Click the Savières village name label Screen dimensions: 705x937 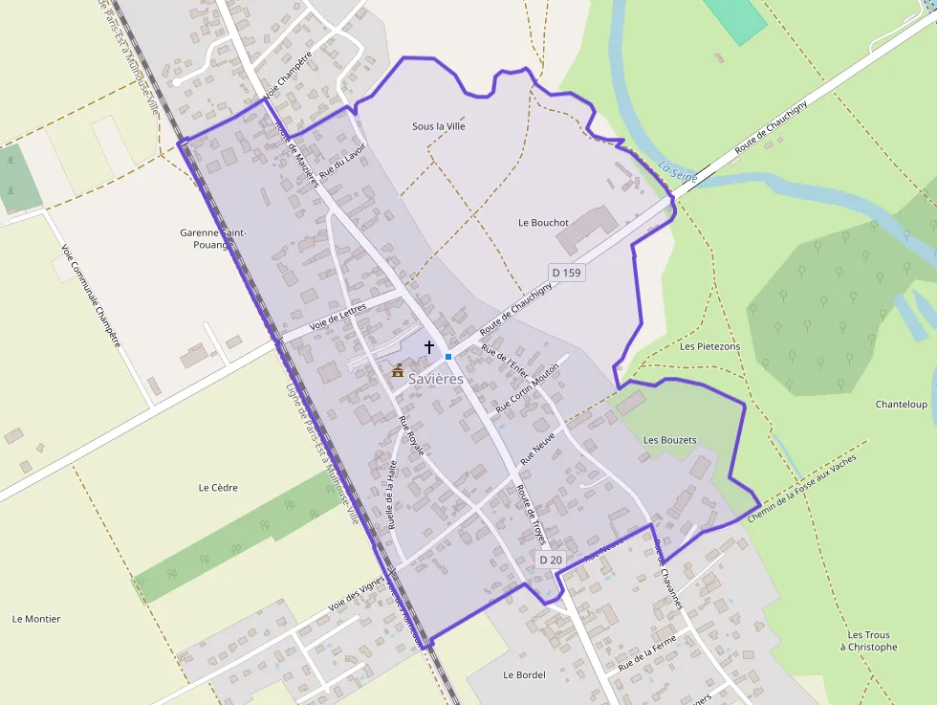(x=436, y=379)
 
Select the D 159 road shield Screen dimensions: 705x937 (x=566, y=273)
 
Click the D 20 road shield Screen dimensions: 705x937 (x=551, y=560)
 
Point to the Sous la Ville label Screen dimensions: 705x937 (x=438, y=126)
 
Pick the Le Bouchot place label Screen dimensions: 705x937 (x=543, y=222)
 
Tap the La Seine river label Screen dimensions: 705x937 (x=678, y=171)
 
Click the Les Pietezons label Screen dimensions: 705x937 (x=709, y=346)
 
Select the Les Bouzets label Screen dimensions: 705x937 (x=669, y=440)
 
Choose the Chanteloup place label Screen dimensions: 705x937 (x=901, y=405)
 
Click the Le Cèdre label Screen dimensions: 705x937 (x=218, y=488)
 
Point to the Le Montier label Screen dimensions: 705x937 (x=36, y=619)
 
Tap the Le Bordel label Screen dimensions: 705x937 (x=524, y=674)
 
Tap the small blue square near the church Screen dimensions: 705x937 (x=447, y=357)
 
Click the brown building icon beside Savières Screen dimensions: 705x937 (x=398, y=370)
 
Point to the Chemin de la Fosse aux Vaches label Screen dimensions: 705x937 (x=802, y=487)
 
